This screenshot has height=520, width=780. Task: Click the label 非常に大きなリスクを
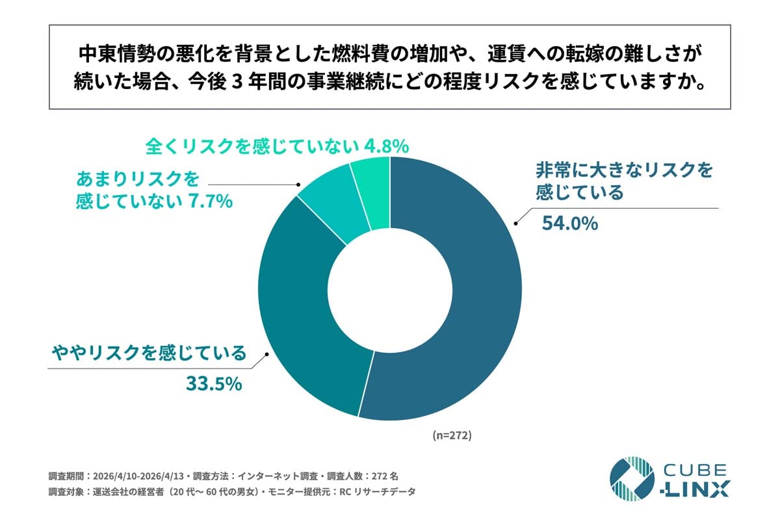tap(624, 171)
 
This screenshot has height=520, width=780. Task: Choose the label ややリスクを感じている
tap(149, 354)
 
